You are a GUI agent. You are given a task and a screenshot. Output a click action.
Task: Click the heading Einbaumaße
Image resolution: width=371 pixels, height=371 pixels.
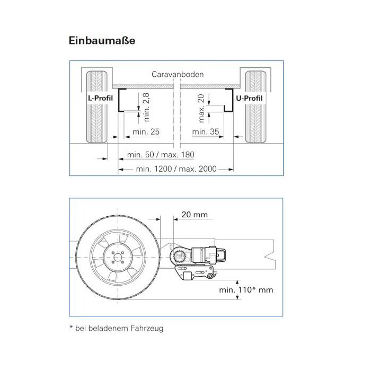[102, 40]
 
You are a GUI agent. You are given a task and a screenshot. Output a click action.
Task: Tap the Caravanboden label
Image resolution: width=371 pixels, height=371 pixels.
[178, 74]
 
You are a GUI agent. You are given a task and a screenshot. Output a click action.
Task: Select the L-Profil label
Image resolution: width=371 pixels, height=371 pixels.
[100, 98]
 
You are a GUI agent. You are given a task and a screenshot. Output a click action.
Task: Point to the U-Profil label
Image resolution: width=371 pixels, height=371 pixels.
[250, 98]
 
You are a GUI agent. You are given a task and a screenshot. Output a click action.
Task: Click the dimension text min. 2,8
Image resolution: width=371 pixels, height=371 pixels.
[146, 107]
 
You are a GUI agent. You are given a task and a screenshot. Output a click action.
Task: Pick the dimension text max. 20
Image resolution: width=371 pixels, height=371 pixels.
[201, 108]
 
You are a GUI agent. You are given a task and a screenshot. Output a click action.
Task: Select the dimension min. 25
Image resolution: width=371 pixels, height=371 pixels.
[146, 131]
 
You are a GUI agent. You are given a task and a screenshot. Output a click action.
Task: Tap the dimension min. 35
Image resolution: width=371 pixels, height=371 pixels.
[206, 131]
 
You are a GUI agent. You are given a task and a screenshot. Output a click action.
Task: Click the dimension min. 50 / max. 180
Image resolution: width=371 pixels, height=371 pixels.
[161, 155]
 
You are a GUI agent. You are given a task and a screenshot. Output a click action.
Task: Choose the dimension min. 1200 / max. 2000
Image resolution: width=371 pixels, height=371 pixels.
[176, 169]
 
